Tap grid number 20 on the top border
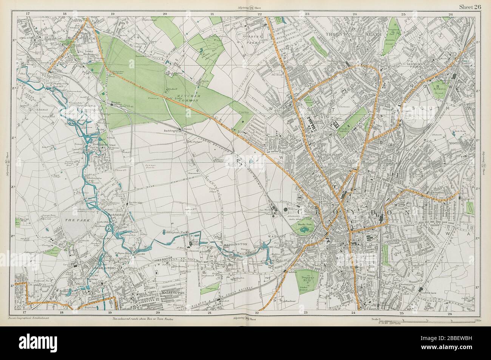(x=165, y=14)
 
